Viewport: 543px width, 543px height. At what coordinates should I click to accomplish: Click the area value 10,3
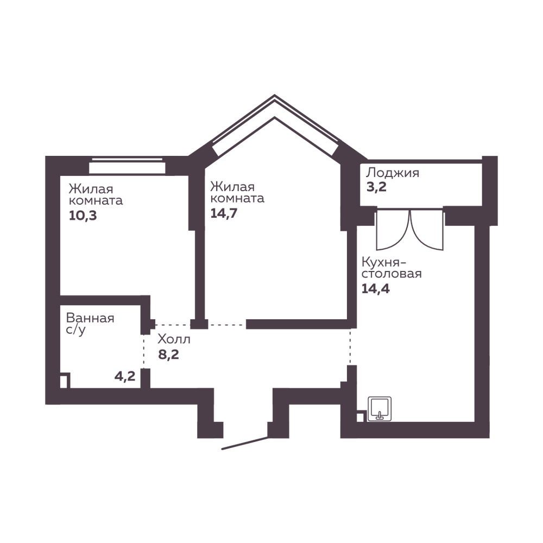tap(83, 216)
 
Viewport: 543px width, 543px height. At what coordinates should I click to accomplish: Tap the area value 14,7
tap(224, 213)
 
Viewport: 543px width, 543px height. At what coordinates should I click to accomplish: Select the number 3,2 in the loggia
tap(376, 187)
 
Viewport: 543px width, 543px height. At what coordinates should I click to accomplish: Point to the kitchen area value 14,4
tap(376, 288)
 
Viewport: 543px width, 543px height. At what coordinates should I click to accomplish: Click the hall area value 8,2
tap(169, 355)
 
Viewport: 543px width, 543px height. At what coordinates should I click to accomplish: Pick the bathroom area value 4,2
tap(125, 376)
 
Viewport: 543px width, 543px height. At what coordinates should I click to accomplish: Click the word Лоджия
tap(393, 173)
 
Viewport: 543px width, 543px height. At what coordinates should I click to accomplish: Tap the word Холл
tap(174, 339)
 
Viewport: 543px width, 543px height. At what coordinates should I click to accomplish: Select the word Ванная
tap(90, 318)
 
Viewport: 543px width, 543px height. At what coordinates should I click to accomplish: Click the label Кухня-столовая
tap(392, 268)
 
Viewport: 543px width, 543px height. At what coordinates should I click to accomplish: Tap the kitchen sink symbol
tap(380, 409)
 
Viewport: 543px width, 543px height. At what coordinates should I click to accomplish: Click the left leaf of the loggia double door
tap(393, 230)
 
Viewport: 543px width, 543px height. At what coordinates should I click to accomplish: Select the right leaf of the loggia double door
tap(427, 230)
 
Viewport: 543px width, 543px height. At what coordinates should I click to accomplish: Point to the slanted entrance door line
tap(245, 443)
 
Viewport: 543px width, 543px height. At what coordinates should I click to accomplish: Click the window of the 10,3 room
tap(127, 166)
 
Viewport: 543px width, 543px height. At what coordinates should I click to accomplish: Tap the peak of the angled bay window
tap(275, 95)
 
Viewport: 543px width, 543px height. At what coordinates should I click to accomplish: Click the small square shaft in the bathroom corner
tap(65, 380)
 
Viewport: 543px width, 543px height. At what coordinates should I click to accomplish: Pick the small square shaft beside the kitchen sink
tap(361, 416)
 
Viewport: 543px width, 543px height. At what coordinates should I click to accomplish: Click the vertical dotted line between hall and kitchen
tap(350, 346)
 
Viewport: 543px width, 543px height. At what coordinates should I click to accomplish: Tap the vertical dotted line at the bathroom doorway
tap(144, 351)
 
